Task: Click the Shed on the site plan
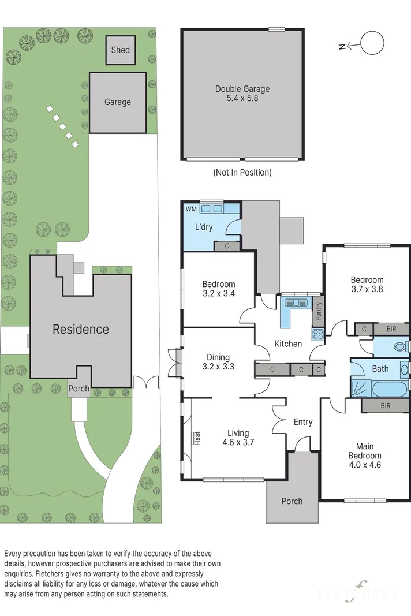(120, 50)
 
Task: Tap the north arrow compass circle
(372, 43)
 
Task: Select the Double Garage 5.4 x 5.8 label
(242, 94)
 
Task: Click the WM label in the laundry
(191, 209)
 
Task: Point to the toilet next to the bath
(401, 347)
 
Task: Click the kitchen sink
(297, 303)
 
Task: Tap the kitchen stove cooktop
(318, 334)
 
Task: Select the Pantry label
(319, 311)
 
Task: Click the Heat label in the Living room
(197, 438)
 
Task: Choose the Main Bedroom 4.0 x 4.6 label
(365, 456)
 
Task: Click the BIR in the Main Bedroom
(386, 405)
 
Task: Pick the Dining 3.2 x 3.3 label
(218, 362)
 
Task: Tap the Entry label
(303, 422)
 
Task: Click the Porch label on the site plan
(79, 389)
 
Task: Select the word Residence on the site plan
(81, 329)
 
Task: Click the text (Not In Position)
(242, 172)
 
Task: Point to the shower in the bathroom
(360, 388)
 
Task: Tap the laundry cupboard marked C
(227, 247)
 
